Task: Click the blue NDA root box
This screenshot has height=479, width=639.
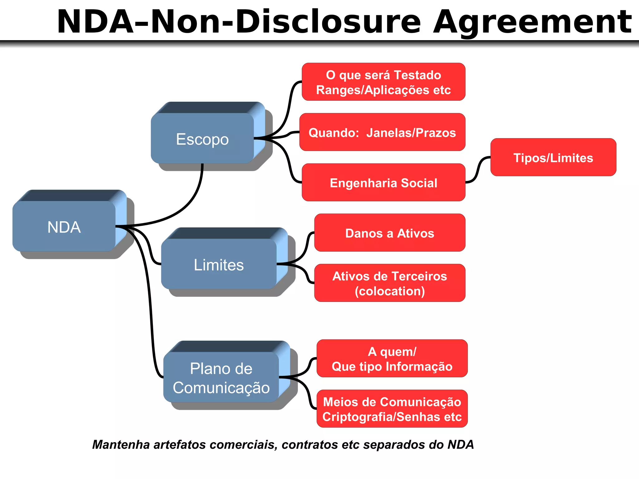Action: click(x=64, y=227)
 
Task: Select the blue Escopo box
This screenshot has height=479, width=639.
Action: click(x=202, y=139)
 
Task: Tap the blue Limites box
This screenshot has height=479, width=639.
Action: click(x=219, y=265)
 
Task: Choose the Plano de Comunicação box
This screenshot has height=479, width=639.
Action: click(x=221, y=378)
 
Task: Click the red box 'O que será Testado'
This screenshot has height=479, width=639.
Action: click(x=383, y=82)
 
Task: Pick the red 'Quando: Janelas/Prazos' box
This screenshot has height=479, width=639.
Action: click(x=382, y=133)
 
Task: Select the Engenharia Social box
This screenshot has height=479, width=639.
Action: click(x=383, y=183)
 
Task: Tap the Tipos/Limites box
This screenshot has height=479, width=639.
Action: click(x=553, y=157)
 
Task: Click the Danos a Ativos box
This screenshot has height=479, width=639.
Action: click(x=390, y=233)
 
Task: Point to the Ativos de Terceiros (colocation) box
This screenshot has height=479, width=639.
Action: click(x=390, y=283)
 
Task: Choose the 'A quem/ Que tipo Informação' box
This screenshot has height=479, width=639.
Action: click(x=392, y=359)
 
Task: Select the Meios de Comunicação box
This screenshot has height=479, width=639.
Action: click(x=392, y=409)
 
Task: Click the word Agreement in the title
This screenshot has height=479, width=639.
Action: click(x=532, y=22)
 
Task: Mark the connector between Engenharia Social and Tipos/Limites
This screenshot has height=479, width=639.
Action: click(x=478, y=170)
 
